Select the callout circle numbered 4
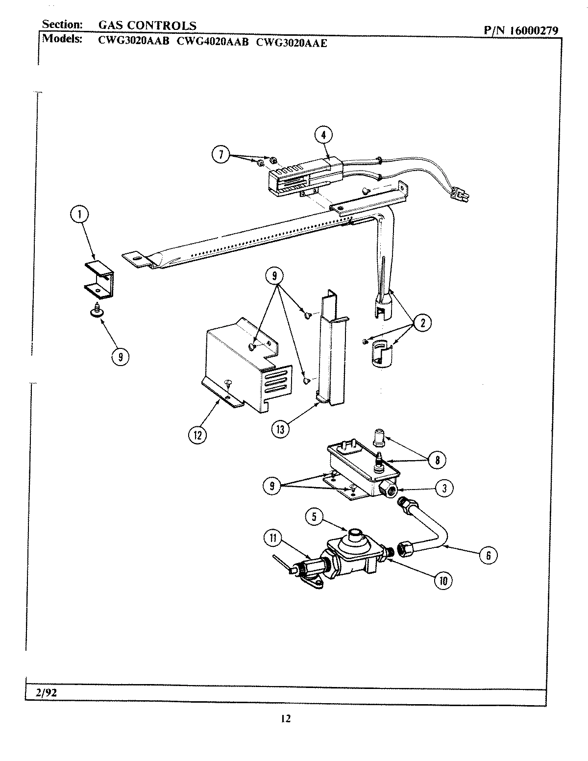pyautogui.click(x=323, y=135)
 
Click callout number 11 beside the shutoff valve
pyautogui.click(x=273, y=539)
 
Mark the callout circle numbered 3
pyautogui.click(x=444, y=488)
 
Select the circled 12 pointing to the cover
pyautogui.click(x=198, y=434)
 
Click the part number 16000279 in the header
pyautogui.click(x=533, y=30)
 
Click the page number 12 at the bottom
pyautogui.click(x=286, y=718)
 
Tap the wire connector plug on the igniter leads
pyautogui.click(x=461, y=195)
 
